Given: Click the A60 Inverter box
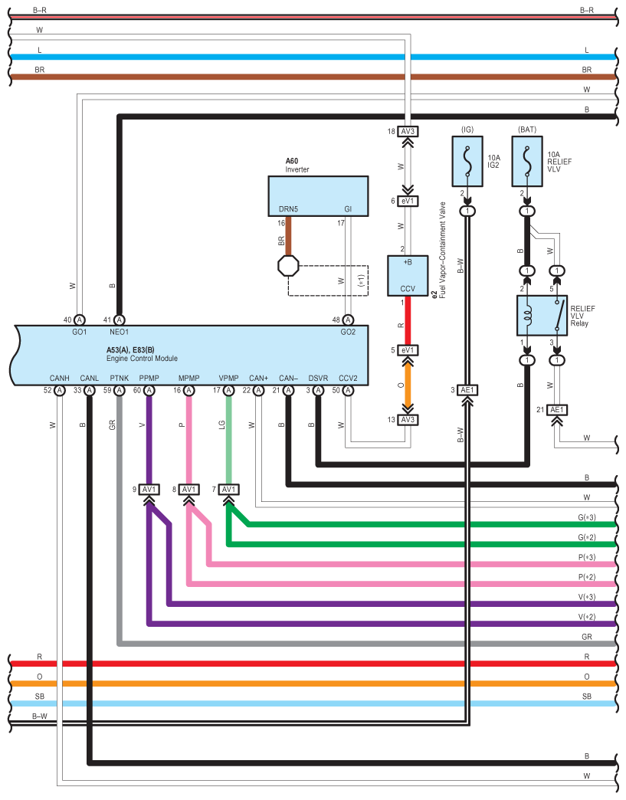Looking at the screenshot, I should pyautogui.click(x=317, y=195).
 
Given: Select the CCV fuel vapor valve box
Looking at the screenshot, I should pyautogui.click(x=407, y=276).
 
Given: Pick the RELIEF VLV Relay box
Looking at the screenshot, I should pyautogui.click(x=542, y=315).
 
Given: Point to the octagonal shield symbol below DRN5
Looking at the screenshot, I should pyautogui.click(x=288, y=266).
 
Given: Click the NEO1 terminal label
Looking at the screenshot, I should pyautogui.click(x=119, y=333).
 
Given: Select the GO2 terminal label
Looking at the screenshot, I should pyautogui.click(x=348, y=333).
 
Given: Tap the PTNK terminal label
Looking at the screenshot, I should pyautogui.click(x=119, y=378).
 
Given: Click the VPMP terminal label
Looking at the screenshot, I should pyautogui.click(x=228, y=378).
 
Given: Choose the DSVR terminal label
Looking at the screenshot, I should pyautogui.click(x=318, y=378).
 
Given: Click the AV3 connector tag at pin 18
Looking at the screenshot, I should pyautogui.click(x=407, y=131).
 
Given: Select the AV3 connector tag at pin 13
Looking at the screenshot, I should pyautogui.click(x=407, y=419).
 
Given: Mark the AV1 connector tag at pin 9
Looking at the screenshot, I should pyautogui.click(x=149, y=489).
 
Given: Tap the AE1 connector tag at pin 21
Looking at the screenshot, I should pyautogui.click(x=557, y=410).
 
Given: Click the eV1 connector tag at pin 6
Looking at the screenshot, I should pyautogui.click(x=407, y=202).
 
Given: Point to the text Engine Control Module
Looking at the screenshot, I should pyautogui.click(x=142, y=359).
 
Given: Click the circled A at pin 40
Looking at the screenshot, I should pyautogui.click(x=79, y=320).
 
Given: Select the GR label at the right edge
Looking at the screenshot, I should pyautogui.click(x=586, y=637).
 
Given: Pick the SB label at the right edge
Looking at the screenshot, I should pyautogui.click(x=586, y=697).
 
